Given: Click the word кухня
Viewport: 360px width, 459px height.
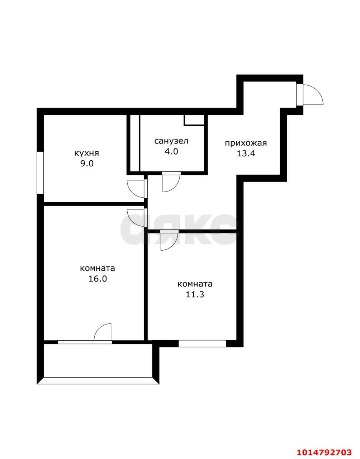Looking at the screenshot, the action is (x=86, y=153).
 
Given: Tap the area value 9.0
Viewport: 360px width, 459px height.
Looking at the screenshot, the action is (x=87, y=164).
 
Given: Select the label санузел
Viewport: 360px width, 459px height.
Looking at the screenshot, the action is (x=171, y=141).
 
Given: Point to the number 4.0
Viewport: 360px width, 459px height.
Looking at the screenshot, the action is (x=171, y=151).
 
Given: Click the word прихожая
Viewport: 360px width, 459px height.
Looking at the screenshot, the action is (x=246, y=143).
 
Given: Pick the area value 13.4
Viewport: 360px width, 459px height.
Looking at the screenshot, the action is (x=246, y=153).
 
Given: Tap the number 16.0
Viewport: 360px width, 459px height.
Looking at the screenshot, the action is (x=98, y=279).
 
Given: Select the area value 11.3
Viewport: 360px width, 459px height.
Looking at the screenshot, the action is (x=195, y=294).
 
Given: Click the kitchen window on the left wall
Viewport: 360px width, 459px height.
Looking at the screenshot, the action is (x=40, y=172).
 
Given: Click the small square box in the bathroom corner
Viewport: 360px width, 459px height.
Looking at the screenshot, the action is (x=194, y=120).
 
